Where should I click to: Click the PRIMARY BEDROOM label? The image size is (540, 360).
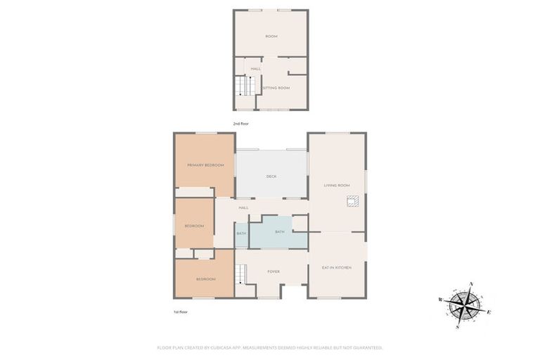pyautogui.click(x=205, y=165)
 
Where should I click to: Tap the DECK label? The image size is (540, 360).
pyautogui.click(x=271, y=176)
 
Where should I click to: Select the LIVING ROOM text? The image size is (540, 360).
pyautogui.click(x=336, y=186)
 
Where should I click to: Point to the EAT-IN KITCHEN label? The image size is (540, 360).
pyautogui.click(x=336, y=268)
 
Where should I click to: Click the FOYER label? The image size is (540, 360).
pyautogui.click(x=274, y=271)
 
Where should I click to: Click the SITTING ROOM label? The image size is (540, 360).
pyautogui.click(x=276, y=88)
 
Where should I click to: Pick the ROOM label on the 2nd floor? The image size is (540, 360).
pyautogui.click(x=271, y=36)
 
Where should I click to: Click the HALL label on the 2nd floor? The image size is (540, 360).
pyautogui.click(x=256, y=69)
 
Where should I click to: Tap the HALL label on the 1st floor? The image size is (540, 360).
pyautogui.click(x=243, y=207)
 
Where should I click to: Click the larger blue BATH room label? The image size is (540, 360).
pyautogui.click(x=279, y=231)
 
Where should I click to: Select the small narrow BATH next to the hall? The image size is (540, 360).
pyautogui.click(x=241, y=233)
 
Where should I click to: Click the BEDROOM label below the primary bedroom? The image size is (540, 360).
pyautogui.click(x=194, y=226)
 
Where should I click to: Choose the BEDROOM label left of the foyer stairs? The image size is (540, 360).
pyautogui.click(x=205, y=279)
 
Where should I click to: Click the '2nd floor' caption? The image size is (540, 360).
pyautogui.click(x=241, y=124)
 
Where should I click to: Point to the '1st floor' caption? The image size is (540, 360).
pyautogui.click(x=181, y=311)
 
